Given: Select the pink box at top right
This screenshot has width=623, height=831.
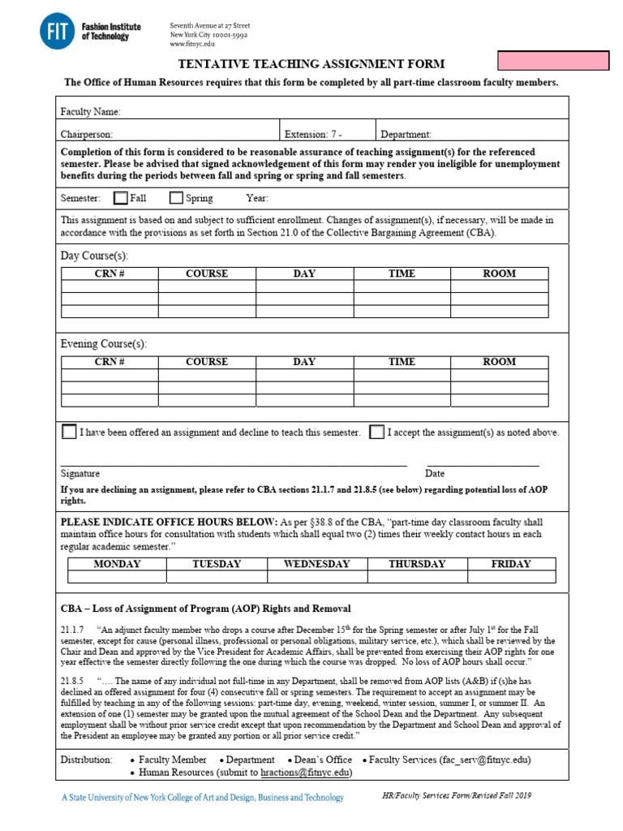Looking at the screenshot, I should (x=564, y=61).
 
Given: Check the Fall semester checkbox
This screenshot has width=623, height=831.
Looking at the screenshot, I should (x=121, y=198).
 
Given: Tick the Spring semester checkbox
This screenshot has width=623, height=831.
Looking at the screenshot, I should (x=176, y=198).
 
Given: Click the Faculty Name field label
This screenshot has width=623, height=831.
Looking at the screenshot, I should (x=91, y=111).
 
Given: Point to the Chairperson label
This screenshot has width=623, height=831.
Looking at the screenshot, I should (x=87, y=135).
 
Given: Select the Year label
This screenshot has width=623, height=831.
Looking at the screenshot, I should (x=257, y=198).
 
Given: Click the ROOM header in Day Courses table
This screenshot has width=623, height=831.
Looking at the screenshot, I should (x=499, y=274).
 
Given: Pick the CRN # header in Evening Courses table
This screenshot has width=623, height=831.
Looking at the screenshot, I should (x=110, y=362).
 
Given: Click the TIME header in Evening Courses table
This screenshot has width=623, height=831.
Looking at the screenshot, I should (x=402, y=362).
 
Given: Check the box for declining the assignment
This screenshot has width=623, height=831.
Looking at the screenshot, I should (x=69, y=432).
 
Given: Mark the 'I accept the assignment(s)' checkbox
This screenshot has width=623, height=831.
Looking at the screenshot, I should (x=376, y=432).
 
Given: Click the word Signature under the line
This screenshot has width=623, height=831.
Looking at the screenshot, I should (x=80, y=473).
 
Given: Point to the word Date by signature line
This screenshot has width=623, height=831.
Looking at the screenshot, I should (x=435, y=473).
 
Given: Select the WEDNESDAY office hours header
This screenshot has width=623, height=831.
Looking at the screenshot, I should (x=317, y=564).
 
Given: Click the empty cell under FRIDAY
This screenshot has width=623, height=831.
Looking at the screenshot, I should (x=511, y=577).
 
